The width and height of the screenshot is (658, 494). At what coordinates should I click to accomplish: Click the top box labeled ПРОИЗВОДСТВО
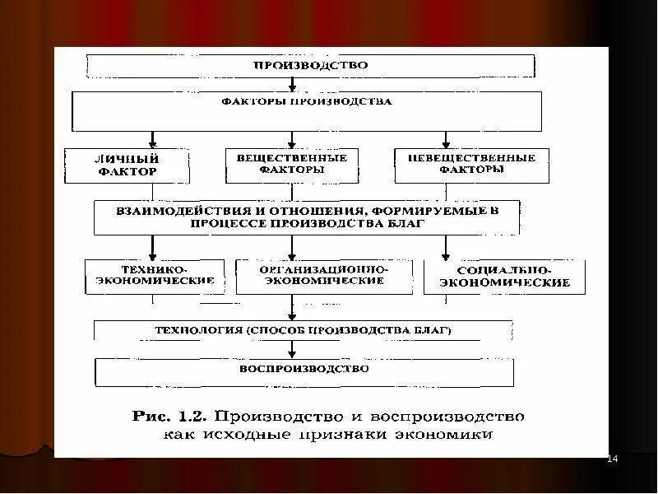(311, 65)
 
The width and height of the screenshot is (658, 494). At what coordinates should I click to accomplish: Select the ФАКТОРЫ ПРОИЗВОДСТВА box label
(307, 103)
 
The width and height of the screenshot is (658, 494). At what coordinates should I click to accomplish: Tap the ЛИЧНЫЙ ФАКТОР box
(127, 165)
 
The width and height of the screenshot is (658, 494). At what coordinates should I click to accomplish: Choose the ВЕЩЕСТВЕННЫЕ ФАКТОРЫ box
(292, 164)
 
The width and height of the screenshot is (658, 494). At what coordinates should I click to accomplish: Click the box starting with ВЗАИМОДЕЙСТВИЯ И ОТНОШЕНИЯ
(307, 217)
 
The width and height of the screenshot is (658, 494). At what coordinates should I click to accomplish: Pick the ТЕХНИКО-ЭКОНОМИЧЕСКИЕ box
(155, 276)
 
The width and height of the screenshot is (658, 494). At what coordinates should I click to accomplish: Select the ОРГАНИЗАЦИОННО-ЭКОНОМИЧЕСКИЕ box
(323, 276)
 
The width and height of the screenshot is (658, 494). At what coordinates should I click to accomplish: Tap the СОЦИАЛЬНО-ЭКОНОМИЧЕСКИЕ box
(505, 277)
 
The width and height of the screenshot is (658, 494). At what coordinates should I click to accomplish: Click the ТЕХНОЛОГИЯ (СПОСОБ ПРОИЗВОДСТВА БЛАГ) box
(304, 330)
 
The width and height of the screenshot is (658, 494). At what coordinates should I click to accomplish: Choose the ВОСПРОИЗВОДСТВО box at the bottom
(304, 371)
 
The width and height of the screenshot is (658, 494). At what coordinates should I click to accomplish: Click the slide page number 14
(611, 458)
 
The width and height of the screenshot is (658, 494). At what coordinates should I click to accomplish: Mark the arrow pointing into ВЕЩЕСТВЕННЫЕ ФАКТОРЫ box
(291, 140)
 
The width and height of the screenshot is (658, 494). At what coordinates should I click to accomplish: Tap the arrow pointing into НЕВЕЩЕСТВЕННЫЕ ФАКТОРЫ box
(446, 140)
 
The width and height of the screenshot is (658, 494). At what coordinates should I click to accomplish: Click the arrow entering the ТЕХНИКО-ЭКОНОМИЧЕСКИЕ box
(152, 249)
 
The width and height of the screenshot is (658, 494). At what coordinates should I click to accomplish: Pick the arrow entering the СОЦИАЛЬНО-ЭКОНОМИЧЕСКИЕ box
(446, 249)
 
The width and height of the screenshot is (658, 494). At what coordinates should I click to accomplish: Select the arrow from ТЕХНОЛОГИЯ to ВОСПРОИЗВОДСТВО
(291, 349)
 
